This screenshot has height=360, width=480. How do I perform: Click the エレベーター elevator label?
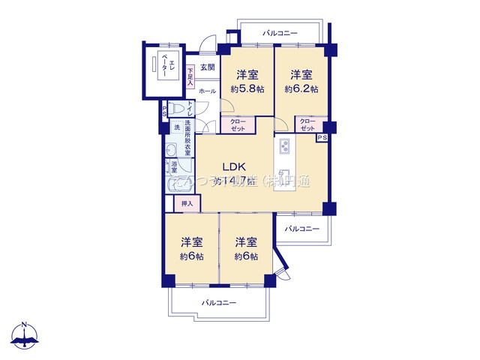[165, 69]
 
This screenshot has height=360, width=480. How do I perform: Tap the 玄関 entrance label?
[208, 67]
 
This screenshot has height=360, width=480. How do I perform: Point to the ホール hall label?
[208, 91]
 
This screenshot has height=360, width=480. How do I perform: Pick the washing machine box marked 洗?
[177, 127]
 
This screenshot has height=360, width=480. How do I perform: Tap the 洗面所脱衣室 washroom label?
[187, 138]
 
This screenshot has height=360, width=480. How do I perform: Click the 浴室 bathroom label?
[174, 167]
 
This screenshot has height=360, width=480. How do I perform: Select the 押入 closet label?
[187, 203]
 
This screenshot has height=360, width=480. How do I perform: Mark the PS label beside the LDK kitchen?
[322, 138]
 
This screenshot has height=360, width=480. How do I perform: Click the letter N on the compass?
[24, 325]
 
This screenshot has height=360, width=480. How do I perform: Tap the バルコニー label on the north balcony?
[280, 34]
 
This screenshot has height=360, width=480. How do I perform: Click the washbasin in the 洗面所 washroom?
[170, 148]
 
